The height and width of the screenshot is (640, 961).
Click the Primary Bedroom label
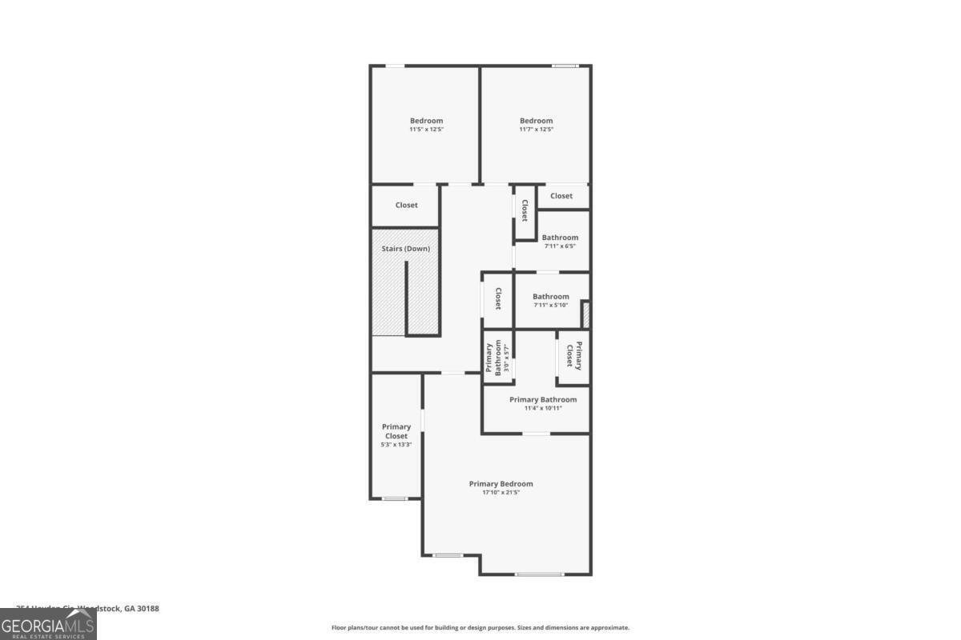pyautogui.click(x=501, y=483)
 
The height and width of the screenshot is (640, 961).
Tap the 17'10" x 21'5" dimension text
pyautogui.click(x=501, y=493)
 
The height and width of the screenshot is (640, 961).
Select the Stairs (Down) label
pyautogui.click(x=405, y=249)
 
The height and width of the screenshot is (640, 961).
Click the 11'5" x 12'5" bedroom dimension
pyautogui.click(x=426, y=130)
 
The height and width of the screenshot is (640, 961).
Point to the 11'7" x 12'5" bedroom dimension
pyautogui.click(x=536, y=130)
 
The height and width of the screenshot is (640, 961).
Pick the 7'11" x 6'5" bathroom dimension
pyautogui.click(x=560, y=246)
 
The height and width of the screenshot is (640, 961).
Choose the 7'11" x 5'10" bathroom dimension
pyautogui.click(x=551, y=306)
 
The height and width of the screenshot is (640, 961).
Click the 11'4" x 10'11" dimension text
pyautogui.click(x=543, y=408)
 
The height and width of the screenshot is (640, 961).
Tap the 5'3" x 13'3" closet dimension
pyautogui.click(x=396, y=445)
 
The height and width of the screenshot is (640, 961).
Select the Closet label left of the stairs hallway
pyautogui.click(x=406, y=206)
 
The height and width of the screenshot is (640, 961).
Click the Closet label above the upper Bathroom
pyautogui.click(x=561, y=196)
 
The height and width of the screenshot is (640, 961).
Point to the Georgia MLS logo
pyautogui.click(x=48, y=624)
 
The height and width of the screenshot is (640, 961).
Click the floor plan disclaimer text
pyautogui.click(x=480, y=628)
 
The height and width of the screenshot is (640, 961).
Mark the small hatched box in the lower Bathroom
pyautogui.click(x=585, y=314)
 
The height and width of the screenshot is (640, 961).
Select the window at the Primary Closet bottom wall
pyautogui.click(x=395, y=499)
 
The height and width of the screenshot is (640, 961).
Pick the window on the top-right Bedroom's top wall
pyautogui.click(x=565, y=66)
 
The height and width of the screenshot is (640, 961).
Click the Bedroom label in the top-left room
pyautogui.click(x=426, y=121)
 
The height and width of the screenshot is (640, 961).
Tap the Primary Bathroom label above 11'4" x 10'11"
pyautogui.click(x=543, y=399)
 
